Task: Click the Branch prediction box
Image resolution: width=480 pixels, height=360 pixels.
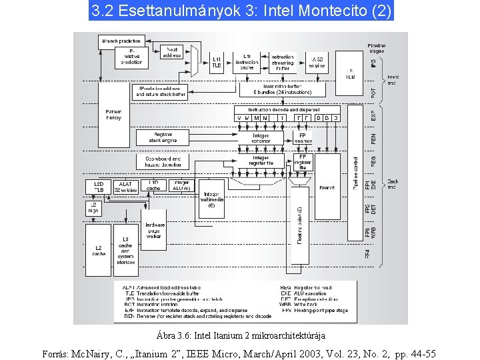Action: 121,41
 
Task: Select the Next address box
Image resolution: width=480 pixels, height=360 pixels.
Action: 171,53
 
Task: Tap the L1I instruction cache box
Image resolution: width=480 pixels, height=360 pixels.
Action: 247,61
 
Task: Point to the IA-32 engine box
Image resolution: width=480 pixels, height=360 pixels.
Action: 318,62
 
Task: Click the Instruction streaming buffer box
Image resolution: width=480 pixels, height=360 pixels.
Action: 283,62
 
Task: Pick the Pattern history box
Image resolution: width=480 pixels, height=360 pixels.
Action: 113,114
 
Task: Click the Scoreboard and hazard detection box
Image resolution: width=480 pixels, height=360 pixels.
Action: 162,162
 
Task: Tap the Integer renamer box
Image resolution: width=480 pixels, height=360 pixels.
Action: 261,138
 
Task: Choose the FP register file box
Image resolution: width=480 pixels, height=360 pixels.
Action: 302,162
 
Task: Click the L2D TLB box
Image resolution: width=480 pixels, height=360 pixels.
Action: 99,187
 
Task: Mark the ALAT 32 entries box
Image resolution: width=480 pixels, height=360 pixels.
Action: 125,187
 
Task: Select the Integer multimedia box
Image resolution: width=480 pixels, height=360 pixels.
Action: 211,198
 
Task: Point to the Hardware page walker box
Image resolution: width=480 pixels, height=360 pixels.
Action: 154,229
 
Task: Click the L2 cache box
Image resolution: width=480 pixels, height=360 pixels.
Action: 99,250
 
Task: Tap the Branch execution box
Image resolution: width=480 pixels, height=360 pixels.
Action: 327,188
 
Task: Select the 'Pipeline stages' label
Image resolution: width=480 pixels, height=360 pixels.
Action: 376,48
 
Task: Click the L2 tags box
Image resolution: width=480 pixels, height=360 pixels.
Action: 93,207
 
